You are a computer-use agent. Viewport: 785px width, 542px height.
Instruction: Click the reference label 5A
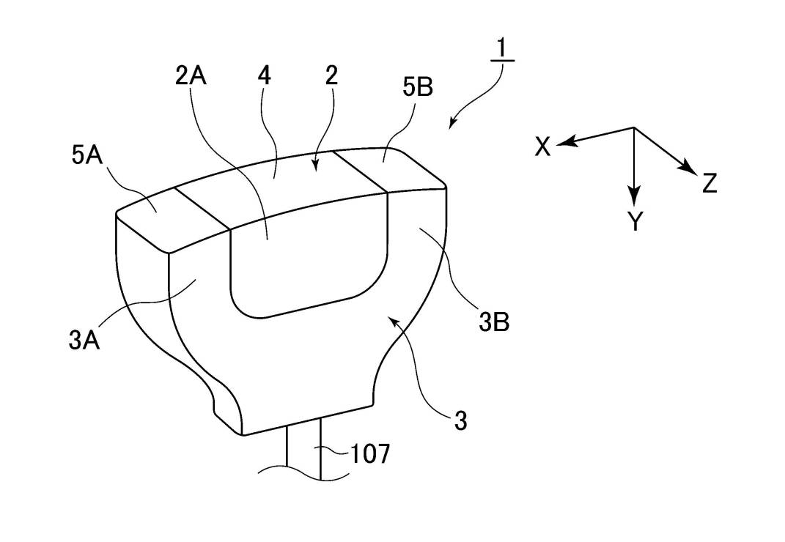86,157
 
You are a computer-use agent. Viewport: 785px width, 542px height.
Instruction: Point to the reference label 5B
417,87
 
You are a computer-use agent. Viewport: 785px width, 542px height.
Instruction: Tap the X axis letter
542,147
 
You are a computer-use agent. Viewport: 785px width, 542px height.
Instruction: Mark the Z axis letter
709,182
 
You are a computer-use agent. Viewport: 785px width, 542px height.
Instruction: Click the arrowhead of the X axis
563,143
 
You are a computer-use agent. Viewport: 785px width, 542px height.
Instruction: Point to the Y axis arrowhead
634,198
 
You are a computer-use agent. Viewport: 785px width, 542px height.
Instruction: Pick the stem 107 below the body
303,450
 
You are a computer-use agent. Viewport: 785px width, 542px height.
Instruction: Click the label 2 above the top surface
331,75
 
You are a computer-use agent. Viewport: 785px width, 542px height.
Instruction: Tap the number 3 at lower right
460,421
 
